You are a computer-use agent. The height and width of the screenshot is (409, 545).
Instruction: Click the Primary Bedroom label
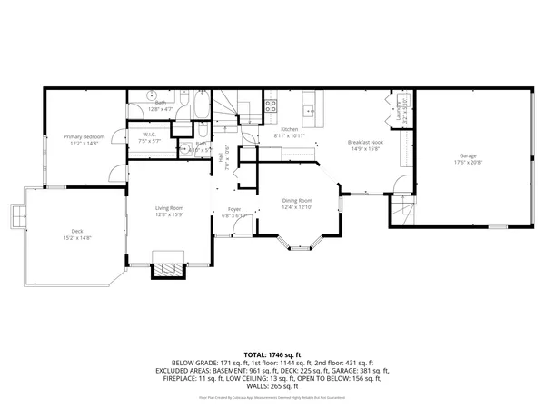[84, 136]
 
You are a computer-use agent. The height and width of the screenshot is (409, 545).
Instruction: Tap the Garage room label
[467, 155]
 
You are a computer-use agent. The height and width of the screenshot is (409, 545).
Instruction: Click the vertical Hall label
[221, 157]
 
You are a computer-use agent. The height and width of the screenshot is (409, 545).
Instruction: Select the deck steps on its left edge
[16, 215]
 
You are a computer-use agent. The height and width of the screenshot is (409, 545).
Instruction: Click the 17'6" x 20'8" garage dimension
[467, 163]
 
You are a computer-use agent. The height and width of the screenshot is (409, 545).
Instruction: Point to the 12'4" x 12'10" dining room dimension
[297, 207]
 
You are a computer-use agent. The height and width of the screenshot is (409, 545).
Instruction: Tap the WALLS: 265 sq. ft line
[272, 385]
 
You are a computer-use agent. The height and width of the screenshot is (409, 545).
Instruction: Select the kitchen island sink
[309, 100]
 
